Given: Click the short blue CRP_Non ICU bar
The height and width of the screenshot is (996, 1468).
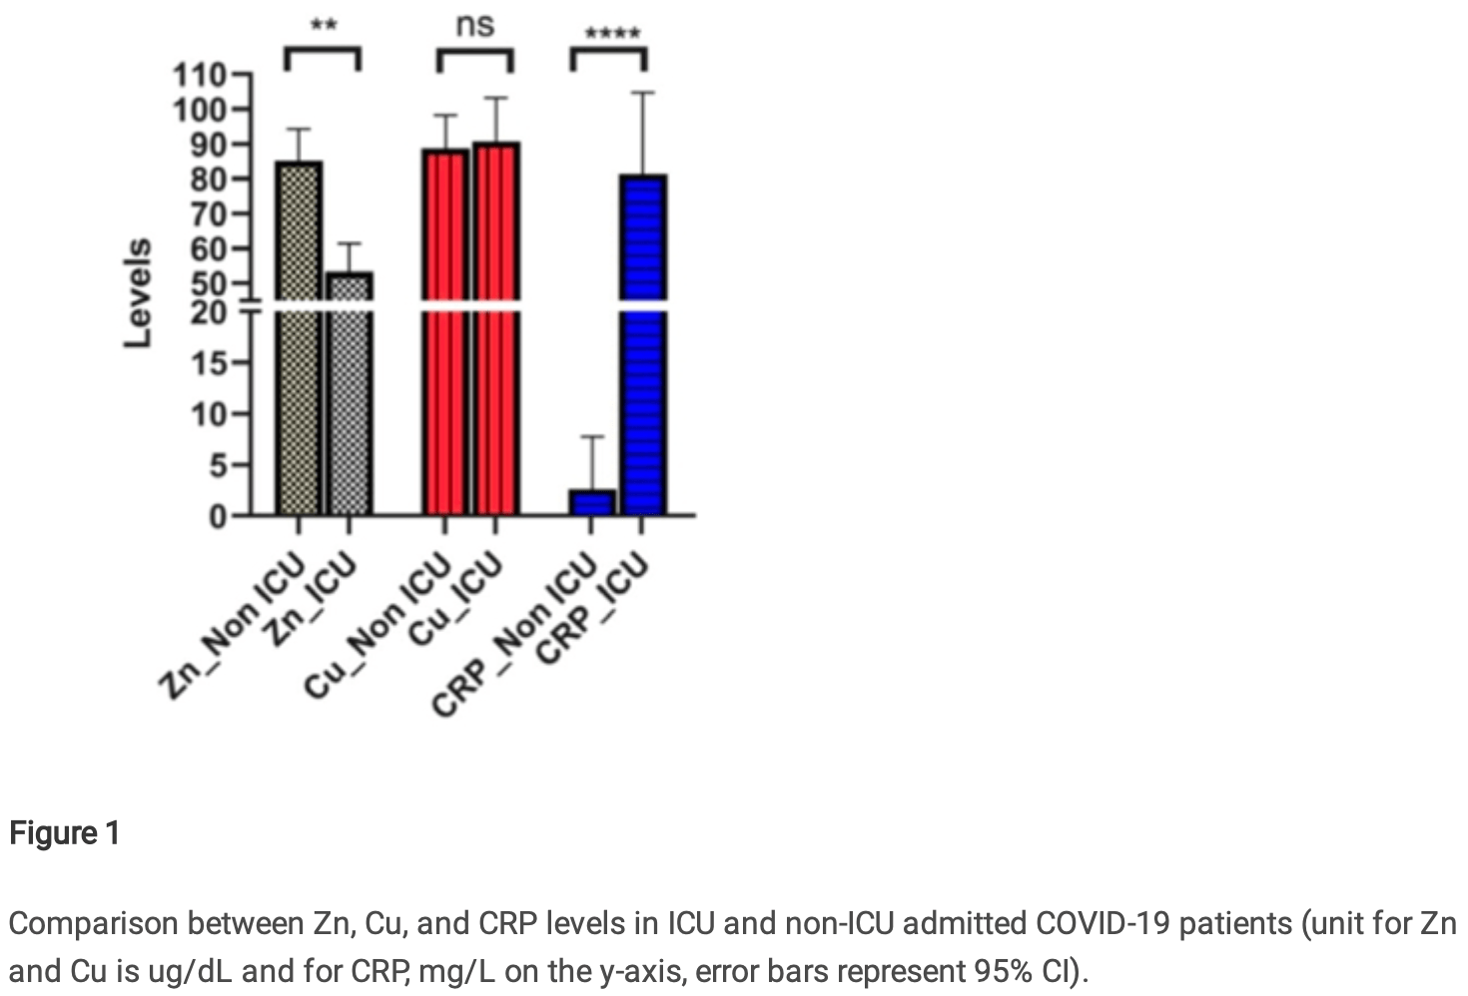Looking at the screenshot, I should pos(592,502).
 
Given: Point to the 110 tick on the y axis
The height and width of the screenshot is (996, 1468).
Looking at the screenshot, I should pos(199,76).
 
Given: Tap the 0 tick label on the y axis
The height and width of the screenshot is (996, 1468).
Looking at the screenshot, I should pos(217,516).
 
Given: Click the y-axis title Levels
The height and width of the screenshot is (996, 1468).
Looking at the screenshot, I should pos(138,293).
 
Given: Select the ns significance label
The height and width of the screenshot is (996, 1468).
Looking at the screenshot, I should pos(474,24).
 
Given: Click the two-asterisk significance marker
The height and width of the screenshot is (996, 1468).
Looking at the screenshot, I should pos(323,24).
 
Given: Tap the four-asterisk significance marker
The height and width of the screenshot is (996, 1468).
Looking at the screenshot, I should pos(611,34).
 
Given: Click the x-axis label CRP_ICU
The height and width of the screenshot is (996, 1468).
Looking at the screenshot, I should pos(593,609).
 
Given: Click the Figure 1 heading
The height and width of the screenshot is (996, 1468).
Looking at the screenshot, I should pos(65,832).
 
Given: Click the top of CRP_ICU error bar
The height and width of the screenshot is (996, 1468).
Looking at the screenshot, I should pos(643,93).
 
